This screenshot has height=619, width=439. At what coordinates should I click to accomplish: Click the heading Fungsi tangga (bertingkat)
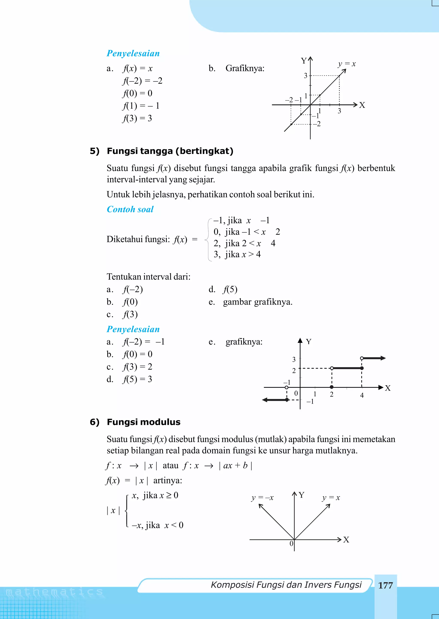170,151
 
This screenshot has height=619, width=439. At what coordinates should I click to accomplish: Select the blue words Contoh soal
130,209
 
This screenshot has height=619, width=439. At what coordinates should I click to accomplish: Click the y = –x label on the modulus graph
262,498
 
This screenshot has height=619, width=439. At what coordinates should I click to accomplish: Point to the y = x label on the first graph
347,64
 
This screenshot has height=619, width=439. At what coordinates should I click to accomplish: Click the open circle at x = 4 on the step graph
362,358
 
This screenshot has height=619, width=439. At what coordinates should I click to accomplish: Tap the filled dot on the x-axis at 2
332,387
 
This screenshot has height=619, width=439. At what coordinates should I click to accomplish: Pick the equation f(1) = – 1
141,106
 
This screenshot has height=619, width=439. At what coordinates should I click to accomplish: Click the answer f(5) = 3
137,379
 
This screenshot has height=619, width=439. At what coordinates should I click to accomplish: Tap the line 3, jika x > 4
237,254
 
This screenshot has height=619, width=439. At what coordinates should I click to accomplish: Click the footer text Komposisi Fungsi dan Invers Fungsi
286,585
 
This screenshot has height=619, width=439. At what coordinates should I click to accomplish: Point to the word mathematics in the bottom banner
54,592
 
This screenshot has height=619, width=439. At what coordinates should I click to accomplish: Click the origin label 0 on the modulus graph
291,544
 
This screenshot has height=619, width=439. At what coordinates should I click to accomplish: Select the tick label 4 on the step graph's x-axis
362,395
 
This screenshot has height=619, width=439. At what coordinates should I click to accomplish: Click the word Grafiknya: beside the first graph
245,68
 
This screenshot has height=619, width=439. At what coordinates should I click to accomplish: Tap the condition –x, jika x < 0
157,525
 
